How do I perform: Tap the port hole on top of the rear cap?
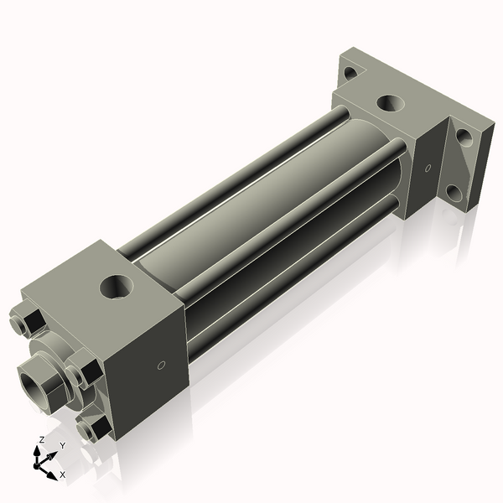[389, 103]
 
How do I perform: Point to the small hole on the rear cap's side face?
[428, 169]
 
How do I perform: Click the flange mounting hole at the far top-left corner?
[348, 73]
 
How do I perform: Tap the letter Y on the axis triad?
[62, 445]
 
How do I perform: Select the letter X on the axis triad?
[62, 474]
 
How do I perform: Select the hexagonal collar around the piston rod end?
[52, 379]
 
